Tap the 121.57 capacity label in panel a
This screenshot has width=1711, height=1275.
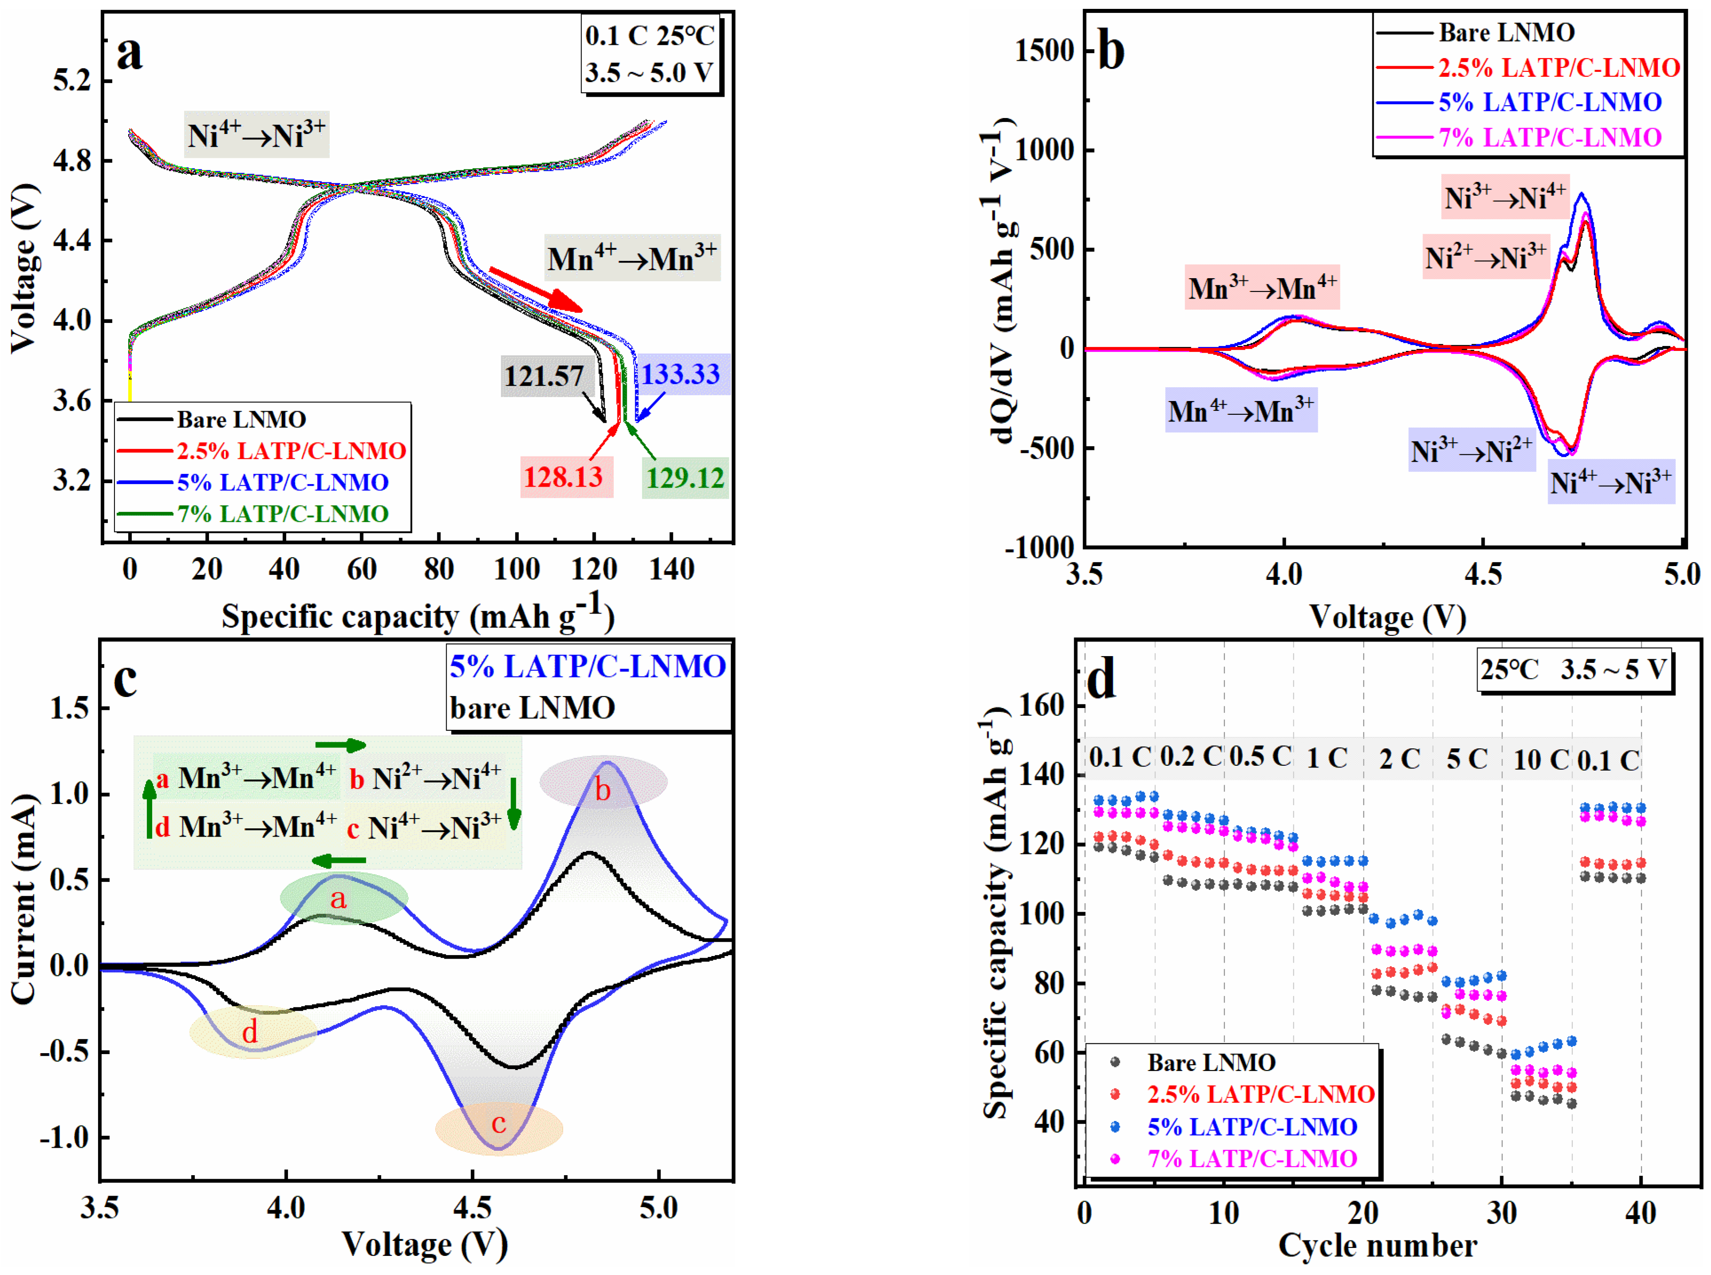point(544,377)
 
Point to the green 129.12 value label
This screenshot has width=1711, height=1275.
point(685,478)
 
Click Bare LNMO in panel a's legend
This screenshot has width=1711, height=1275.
point(241,419)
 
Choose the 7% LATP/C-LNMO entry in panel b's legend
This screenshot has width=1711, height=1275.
point(1549,138)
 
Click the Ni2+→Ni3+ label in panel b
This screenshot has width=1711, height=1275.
point(1485,257)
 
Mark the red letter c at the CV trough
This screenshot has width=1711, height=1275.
point(499,1123)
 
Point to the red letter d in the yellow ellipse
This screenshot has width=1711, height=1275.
point(249,1032)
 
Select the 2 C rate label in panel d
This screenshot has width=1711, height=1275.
point(1399,759)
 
